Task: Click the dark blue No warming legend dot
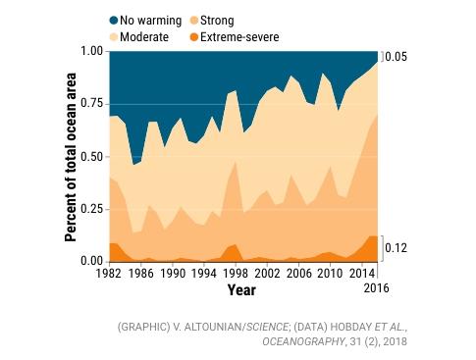[x=114, y=21]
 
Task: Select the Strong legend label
[x=217, y=21]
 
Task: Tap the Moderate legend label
[x=144, y=37]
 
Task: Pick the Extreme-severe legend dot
[x=194, y=37]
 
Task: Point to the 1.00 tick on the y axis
[x=91, y=51]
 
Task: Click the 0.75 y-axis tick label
[x=91, y=104]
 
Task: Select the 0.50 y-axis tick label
[x=91, y=156]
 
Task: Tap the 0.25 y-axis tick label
[x=91, y=209]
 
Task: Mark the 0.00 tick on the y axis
[x=91, y=261]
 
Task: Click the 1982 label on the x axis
[x=109, y=274]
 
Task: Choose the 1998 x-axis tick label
[x=236, y=274]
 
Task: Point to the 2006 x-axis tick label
[x=299, y=274]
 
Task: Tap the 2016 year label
[x=377, y=288]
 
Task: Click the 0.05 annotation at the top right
[x=397, y=57]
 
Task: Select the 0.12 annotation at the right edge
[x=397, y=248]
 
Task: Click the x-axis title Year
[x=241, y=290]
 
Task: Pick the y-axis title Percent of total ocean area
[x=71, y=157]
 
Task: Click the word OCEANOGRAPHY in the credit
[x=303, y=341]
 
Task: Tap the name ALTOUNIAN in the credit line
[x=213, y=327]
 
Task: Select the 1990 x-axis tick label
[x=172, y=274]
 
